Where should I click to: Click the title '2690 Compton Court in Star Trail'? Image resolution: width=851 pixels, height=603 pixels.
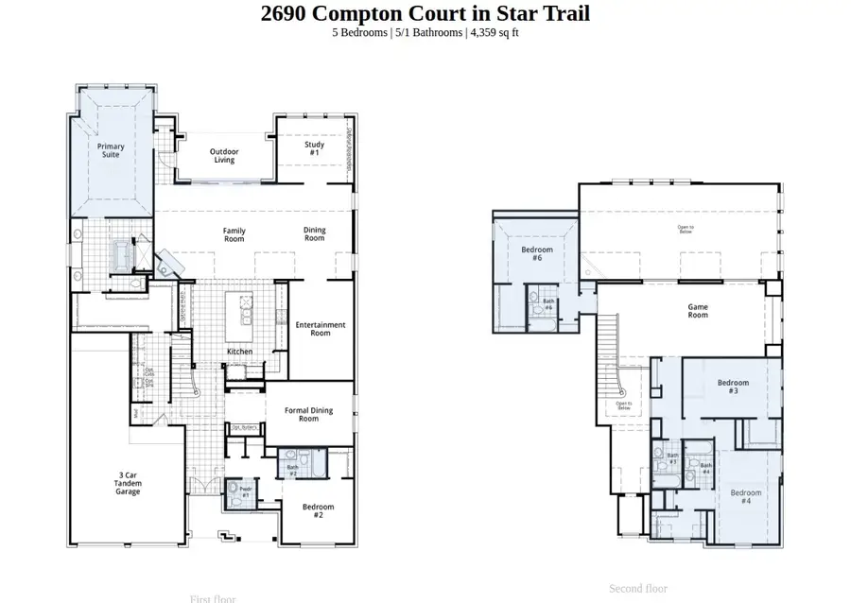click(425, 13)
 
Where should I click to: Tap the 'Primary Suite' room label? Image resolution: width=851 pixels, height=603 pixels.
click(111, 150)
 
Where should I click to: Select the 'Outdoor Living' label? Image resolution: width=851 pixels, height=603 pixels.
click(224, 156)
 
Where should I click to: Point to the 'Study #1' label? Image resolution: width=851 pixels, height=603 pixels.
click(315, 148)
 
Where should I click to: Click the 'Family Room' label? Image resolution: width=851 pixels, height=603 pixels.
click(234, 234)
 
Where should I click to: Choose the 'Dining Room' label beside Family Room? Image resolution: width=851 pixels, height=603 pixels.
click(315, 234)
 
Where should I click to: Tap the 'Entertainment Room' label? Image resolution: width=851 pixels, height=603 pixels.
click(321, 329)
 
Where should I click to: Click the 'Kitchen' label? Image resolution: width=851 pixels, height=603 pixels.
click(240, 352)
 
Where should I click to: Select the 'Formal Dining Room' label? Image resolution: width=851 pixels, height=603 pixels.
click(308, 414)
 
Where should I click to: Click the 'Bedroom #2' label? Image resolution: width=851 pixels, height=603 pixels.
click(319, 511)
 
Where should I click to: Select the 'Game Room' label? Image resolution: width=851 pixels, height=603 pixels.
click(698, 311)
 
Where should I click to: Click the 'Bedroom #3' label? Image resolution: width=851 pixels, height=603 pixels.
click(733, 387)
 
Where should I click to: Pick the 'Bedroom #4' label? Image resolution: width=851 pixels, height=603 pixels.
click(745, 497)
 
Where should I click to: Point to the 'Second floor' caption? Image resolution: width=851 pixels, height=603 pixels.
click(640, 589)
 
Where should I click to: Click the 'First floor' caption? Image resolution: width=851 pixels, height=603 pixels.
click(213, 598)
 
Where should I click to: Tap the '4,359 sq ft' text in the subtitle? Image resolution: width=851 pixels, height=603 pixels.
click(494, 32)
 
